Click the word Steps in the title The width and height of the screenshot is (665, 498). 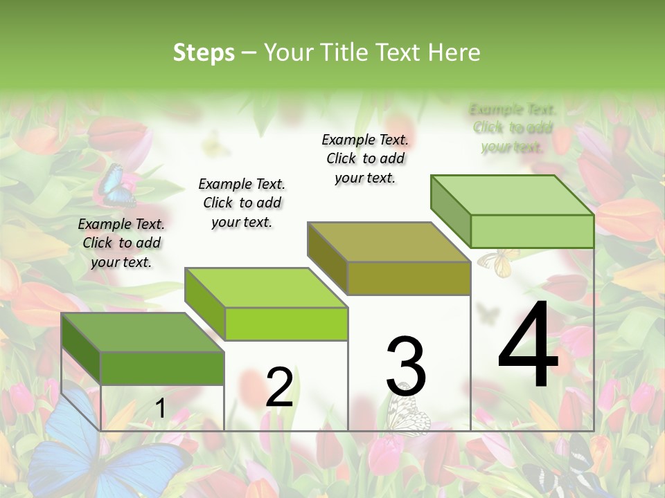coord(204,53)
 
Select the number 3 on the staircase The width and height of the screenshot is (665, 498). coord(406,367)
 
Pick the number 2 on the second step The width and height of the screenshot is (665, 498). coord(279,387)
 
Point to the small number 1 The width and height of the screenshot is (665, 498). coord(160,409)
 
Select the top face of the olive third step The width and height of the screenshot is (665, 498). coord(388,242)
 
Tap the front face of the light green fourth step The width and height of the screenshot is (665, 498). coord(532,231)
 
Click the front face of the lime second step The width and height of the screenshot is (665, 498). coord(286,324)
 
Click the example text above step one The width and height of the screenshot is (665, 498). coord(121,243)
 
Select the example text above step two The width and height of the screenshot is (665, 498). coord(242,203)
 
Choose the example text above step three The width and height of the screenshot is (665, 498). coord(365,158)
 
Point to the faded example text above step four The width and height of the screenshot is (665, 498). coord(512,128)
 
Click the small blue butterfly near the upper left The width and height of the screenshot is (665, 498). coord(111,183)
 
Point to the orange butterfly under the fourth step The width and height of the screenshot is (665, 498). coord(498,262)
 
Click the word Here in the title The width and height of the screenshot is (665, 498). coord(455,53)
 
